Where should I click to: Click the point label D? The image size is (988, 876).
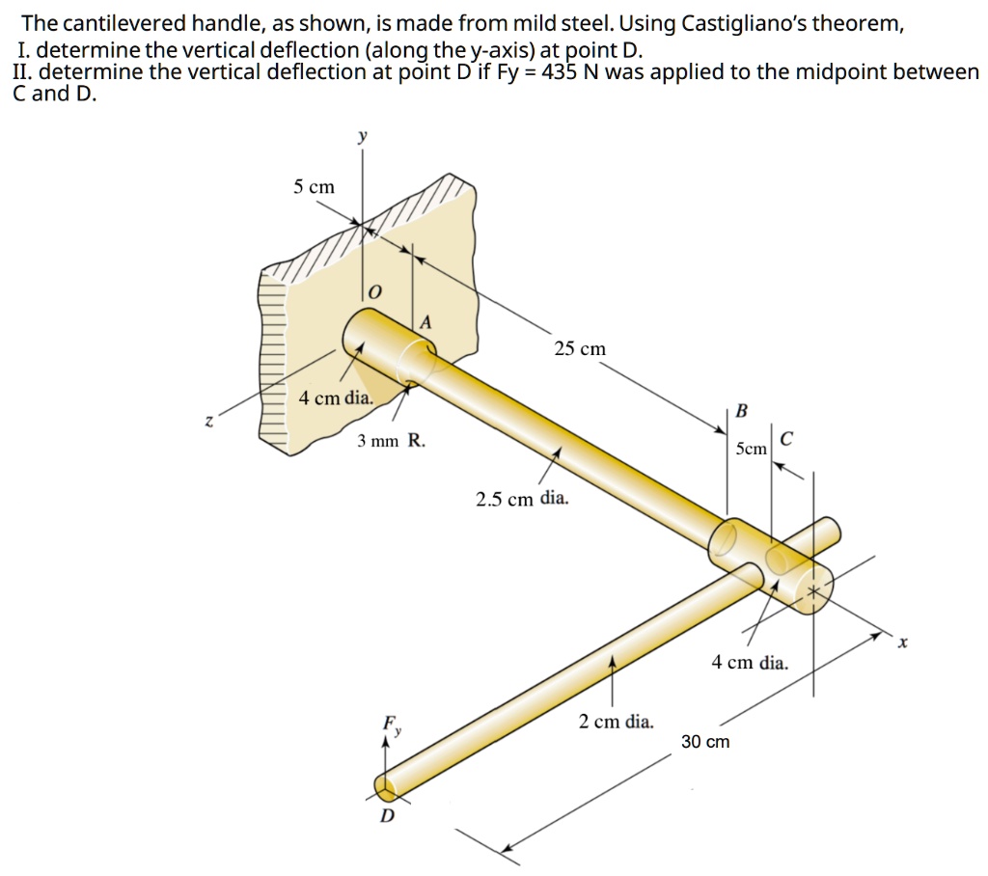387,817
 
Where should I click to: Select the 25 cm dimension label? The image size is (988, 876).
580,348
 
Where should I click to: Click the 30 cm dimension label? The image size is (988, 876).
705,742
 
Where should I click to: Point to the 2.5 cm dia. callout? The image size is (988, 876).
522,499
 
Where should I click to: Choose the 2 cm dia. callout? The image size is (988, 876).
616,721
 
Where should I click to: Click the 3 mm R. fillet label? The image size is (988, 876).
391,441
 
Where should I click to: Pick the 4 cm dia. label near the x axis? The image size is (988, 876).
750,663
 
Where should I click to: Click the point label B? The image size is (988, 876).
741,410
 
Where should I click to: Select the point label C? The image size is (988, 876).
786,440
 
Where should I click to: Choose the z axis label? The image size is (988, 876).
206,420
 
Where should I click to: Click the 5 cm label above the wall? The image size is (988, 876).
315,187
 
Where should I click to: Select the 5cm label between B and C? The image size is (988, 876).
751,449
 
